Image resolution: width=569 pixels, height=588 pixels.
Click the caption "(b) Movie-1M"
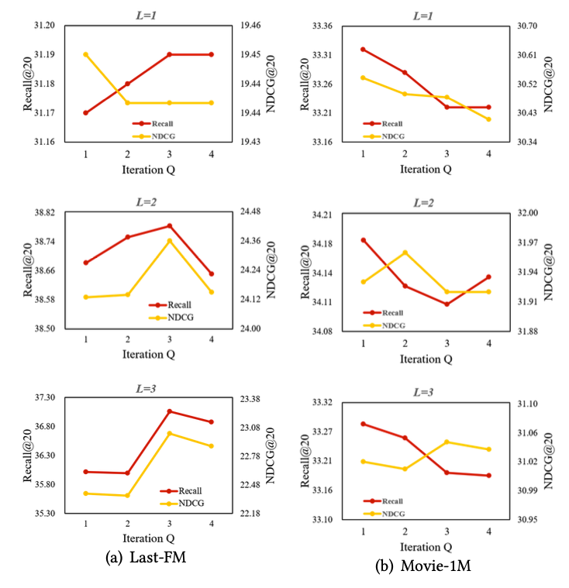423,567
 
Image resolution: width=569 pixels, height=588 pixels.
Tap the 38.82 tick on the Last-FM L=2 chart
43,212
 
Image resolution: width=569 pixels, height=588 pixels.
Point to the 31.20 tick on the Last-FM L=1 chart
43,26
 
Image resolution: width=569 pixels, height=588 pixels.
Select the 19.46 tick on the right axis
249,26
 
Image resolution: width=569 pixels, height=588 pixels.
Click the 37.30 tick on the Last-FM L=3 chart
43,397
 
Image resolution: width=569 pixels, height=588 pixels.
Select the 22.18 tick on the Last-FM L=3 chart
249,514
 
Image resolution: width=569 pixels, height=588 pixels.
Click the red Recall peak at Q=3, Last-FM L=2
170,226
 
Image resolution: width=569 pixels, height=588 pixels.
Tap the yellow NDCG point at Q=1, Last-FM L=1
85,54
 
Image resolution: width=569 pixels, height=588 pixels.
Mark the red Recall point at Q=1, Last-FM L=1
85,113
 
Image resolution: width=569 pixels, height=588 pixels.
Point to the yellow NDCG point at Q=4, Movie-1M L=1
488,119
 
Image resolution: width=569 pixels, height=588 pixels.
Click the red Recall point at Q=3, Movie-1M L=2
447,304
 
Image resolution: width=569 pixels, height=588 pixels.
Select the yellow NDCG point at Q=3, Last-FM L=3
170,433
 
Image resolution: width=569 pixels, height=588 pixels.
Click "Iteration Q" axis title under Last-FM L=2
148,355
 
